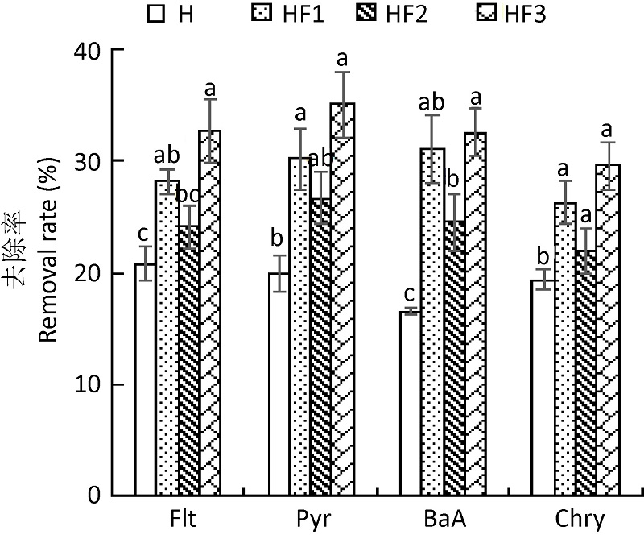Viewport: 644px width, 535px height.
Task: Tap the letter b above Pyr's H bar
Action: pyautogui.click(x=277, y=239)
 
